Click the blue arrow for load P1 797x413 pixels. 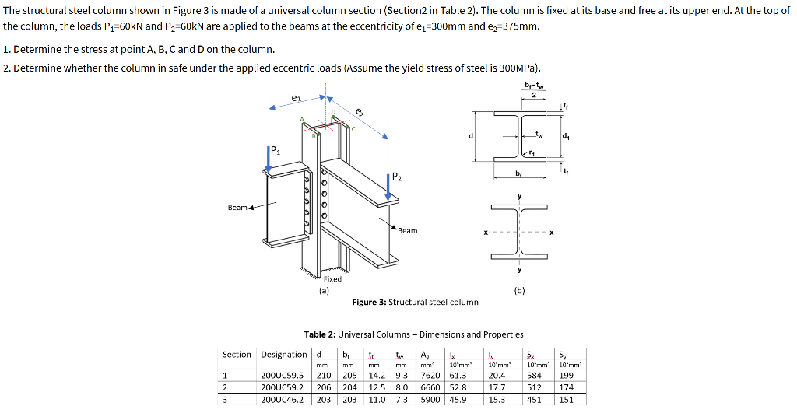click(269, 159)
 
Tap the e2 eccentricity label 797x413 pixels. click(358, 112)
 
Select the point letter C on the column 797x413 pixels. click(352, 129)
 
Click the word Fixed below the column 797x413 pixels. click(332, 278)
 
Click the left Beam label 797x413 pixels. click(237, 208)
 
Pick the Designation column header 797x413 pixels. click(283, 355)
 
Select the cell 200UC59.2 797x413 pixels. click(282, 387)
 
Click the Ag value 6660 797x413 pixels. click(431, 387)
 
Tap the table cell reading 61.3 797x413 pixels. click(458, 374)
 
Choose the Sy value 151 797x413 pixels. click(567, 400)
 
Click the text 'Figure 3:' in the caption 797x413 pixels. click(369, 303)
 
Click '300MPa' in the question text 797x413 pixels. click(514, 68)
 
